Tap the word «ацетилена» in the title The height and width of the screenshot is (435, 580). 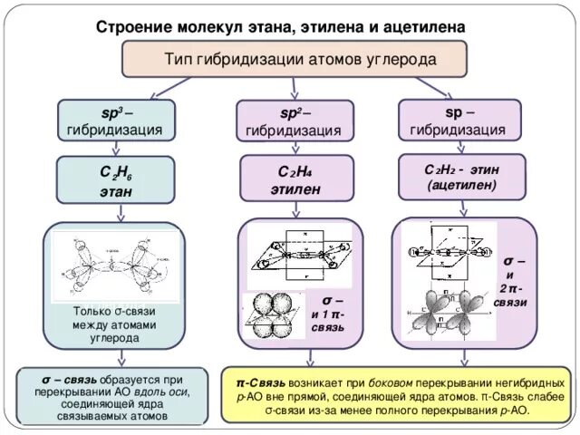427,27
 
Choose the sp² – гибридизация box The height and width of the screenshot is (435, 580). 292,121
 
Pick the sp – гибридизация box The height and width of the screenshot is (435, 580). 459,121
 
